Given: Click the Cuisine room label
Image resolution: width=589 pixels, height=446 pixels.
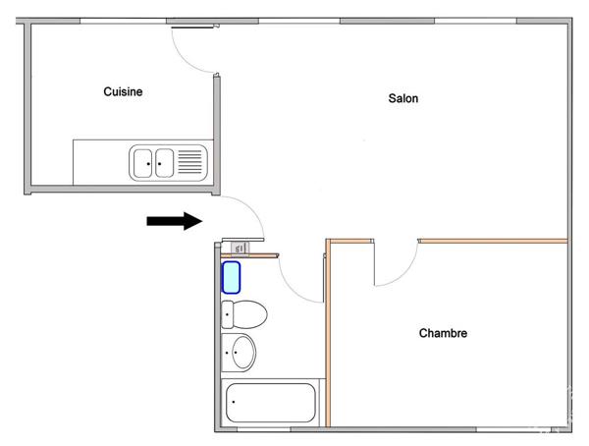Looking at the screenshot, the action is coord(123,91).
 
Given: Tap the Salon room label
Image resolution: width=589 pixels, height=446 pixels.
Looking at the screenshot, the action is coord(403,98).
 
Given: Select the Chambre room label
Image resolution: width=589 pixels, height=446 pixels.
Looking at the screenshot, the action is coord(443,333).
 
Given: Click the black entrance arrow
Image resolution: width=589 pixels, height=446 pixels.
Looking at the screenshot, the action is coord(175,221).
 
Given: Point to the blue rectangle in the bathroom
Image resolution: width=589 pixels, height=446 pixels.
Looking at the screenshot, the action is coord(231,278).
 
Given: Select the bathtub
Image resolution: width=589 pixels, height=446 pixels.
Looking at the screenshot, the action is coord(271,403).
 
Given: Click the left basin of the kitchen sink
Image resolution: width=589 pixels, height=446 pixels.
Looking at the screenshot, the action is coord(143,163).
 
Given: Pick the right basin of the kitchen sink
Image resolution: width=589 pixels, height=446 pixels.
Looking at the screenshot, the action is coord(165,163).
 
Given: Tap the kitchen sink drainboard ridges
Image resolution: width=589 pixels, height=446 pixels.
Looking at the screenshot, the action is coord(189,162).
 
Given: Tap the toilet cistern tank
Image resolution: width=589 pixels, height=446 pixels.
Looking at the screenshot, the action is coord(228,314).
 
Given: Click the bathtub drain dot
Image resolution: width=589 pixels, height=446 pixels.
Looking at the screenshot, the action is coord(234,402).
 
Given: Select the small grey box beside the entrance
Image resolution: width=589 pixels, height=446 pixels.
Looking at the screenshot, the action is coord(240,249).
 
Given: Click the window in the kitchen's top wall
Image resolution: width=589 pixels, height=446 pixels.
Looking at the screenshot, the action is coord(124,21).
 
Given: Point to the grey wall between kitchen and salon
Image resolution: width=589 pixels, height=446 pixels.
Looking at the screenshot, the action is coord(217,134).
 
